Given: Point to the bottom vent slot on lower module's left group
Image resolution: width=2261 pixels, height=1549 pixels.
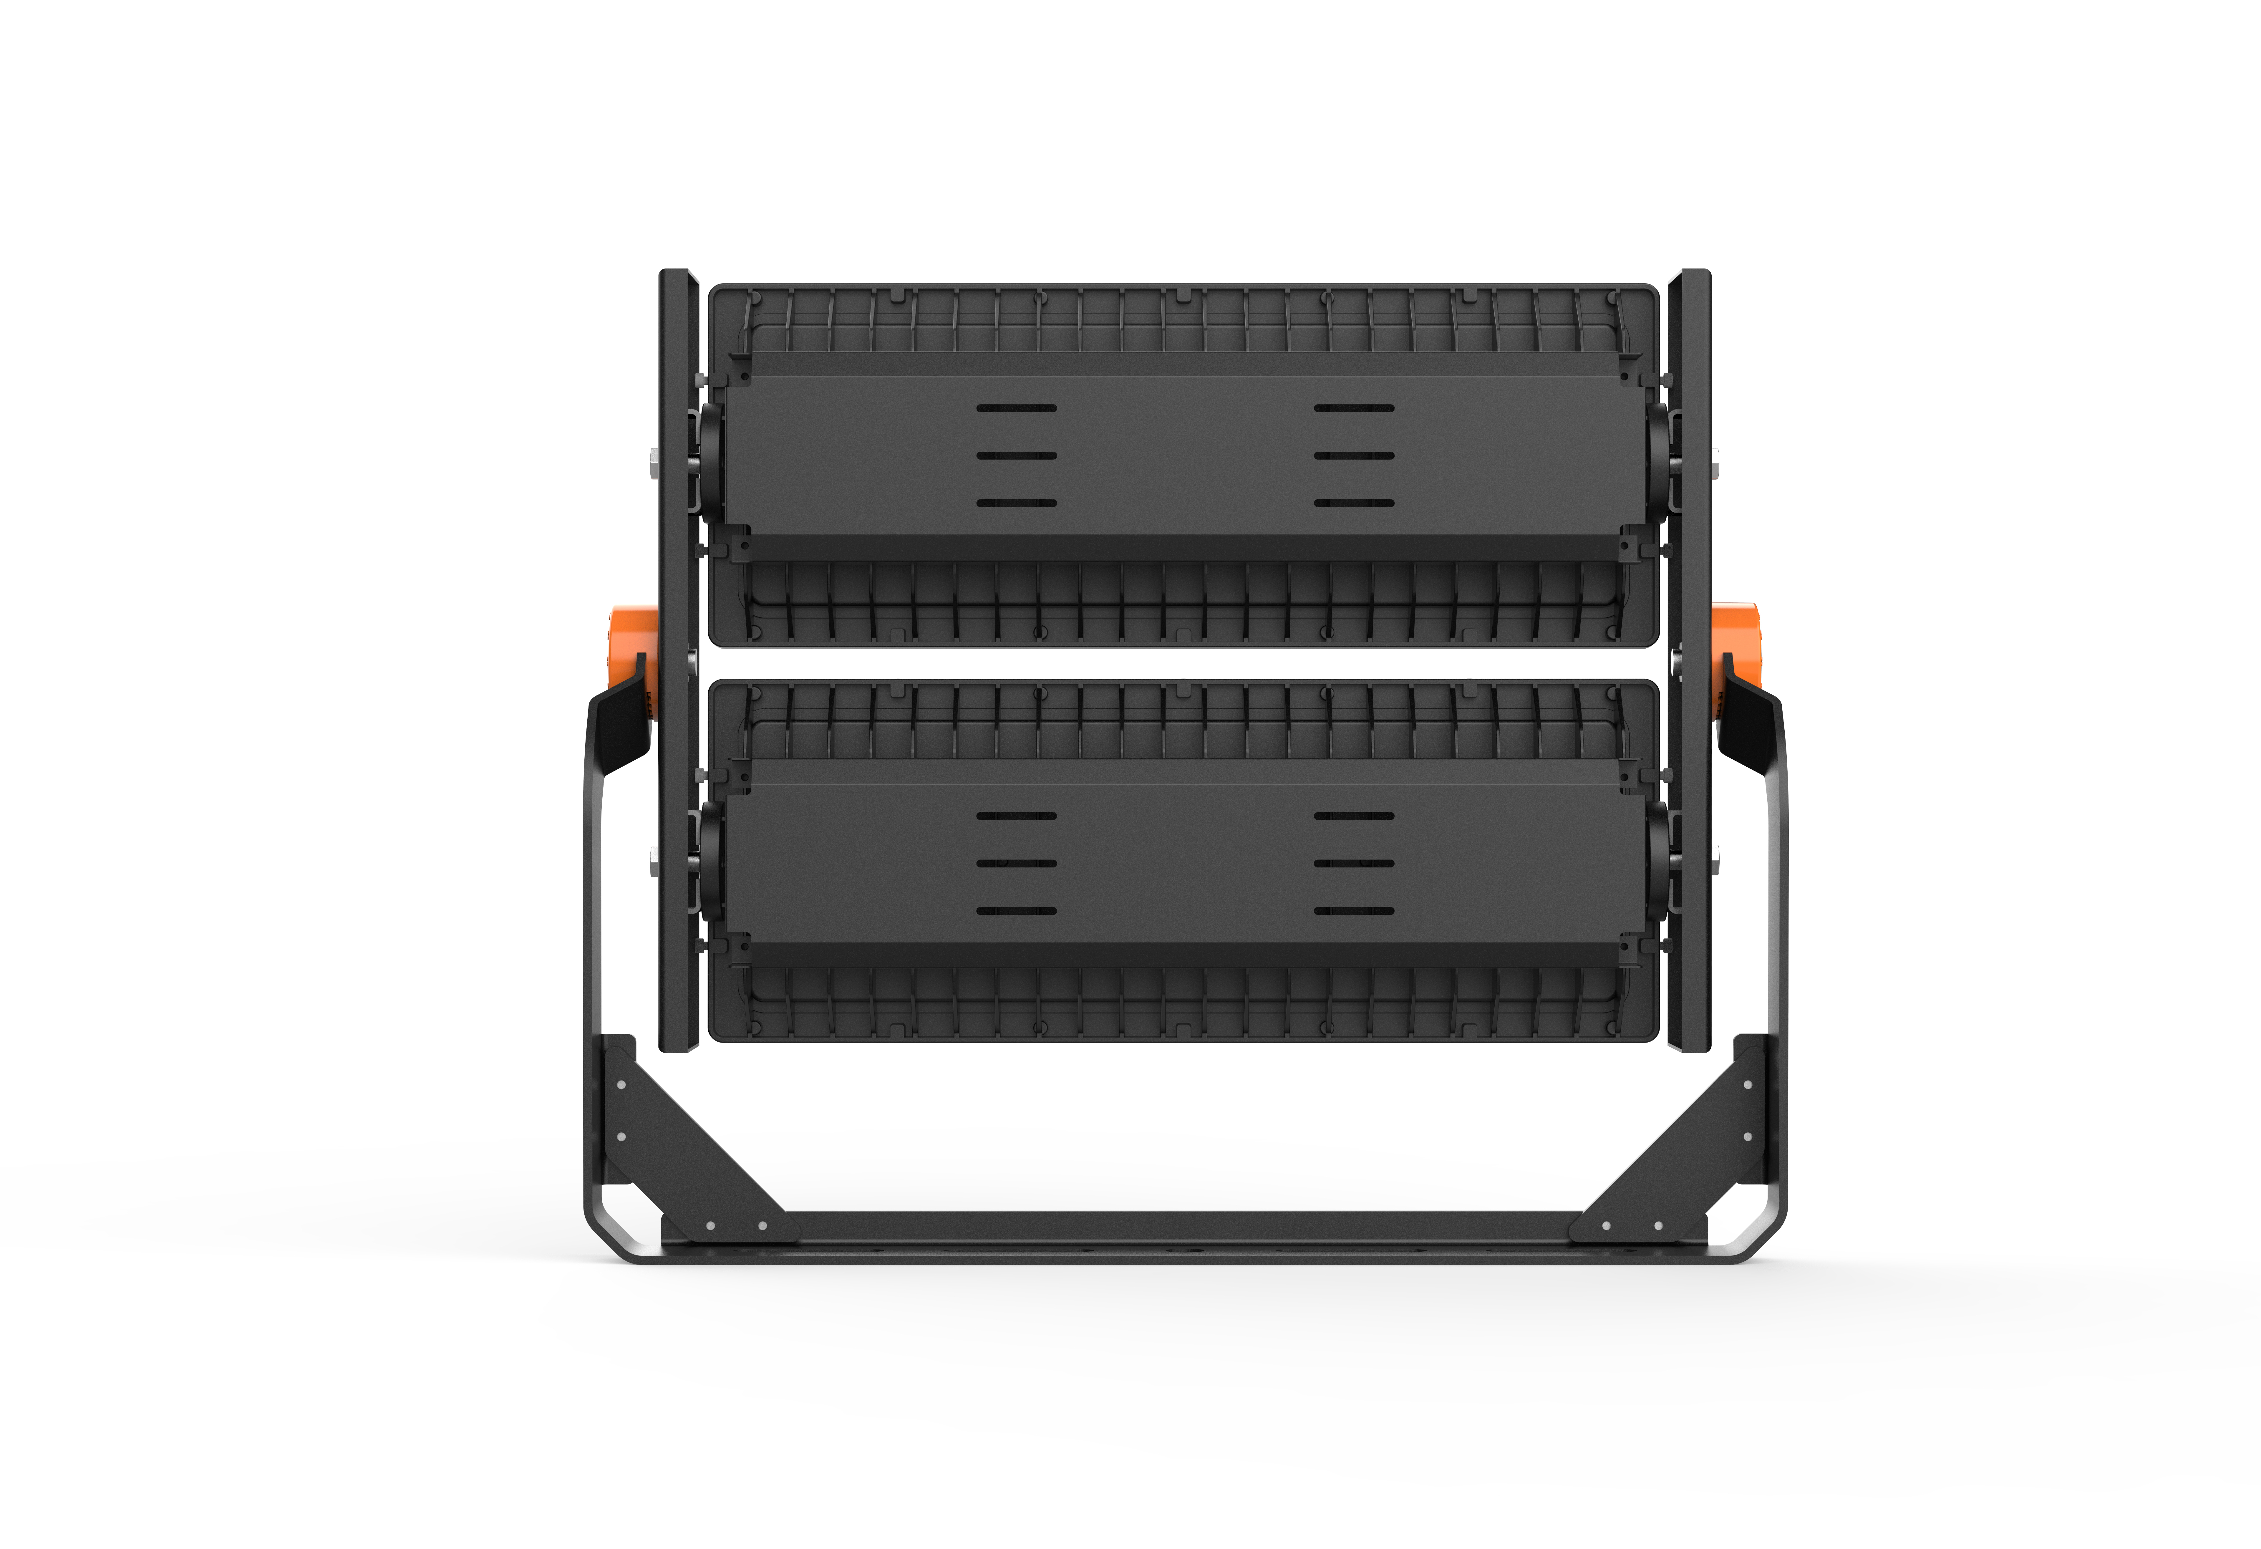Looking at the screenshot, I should click(1017, 912).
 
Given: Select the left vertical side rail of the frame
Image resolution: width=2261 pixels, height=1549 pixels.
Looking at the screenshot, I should click(678, 662).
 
